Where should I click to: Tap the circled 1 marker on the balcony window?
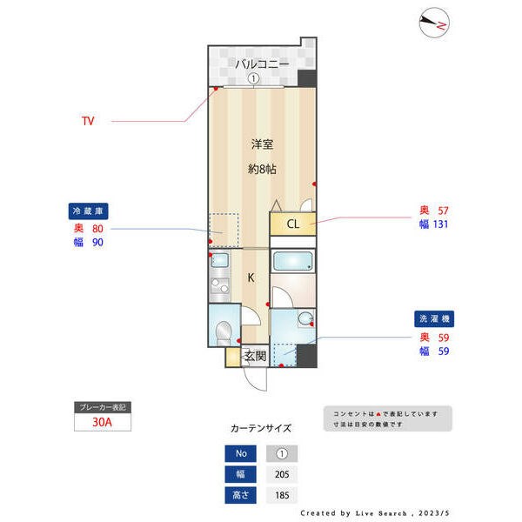click(x=253, y=78)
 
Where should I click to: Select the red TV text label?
click(x=88, y=121)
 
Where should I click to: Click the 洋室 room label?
click(x=263, y=144)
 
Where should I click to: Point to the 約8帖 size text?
click(x=263, y=170)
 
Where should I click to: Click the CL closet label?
click(x=293, y=224)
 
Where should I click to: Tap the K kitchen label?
click(x=251, y=278)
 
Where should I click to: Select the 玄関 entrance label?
click(x=254, y=356)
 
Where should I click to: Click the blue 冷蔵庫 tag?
click(x=90, y=211)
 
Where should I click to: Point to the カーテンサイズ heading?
click(x=261, y=428)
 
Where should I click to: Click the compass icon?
click(x=432, y=23)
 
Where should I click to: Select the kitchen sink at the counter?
click(x=219, y=261)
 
